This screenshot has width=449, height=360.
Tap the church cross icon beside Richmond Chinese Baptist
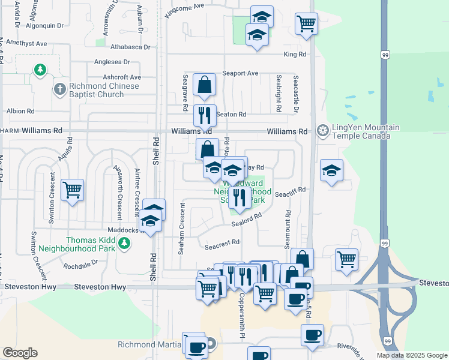59,89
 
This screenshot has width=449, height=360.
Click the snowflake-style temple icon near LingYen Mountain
323,130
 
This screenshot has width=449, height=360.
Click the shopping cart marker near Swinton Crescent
72,190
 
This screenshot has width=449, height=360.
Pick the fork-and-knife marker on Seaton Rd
205,114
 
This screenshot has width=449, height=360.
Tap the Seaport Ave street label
240,73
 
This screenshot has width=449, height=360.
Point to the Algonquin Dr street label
44,26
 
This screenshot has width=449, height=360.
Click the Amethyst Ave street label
25,44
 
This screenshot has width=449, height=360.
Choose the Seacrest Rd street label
222,243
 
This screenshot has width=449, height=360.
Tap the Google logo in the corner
20,353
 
